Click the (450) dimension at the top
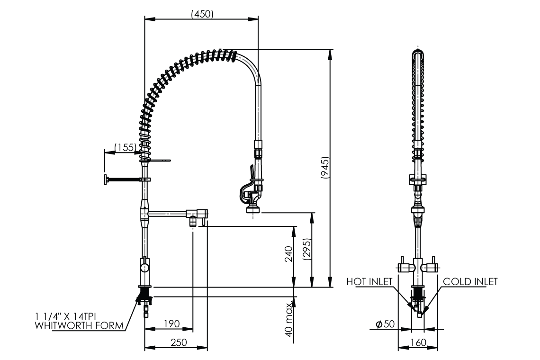tap(202, 14)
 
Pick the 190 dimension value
tap(172, 324)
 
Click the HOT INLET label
tap(369, 281)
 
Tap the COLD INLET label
tap(470, 281)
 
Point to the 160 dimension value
tap(418, 342)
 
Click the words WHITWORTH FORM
tap(80, 325)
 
